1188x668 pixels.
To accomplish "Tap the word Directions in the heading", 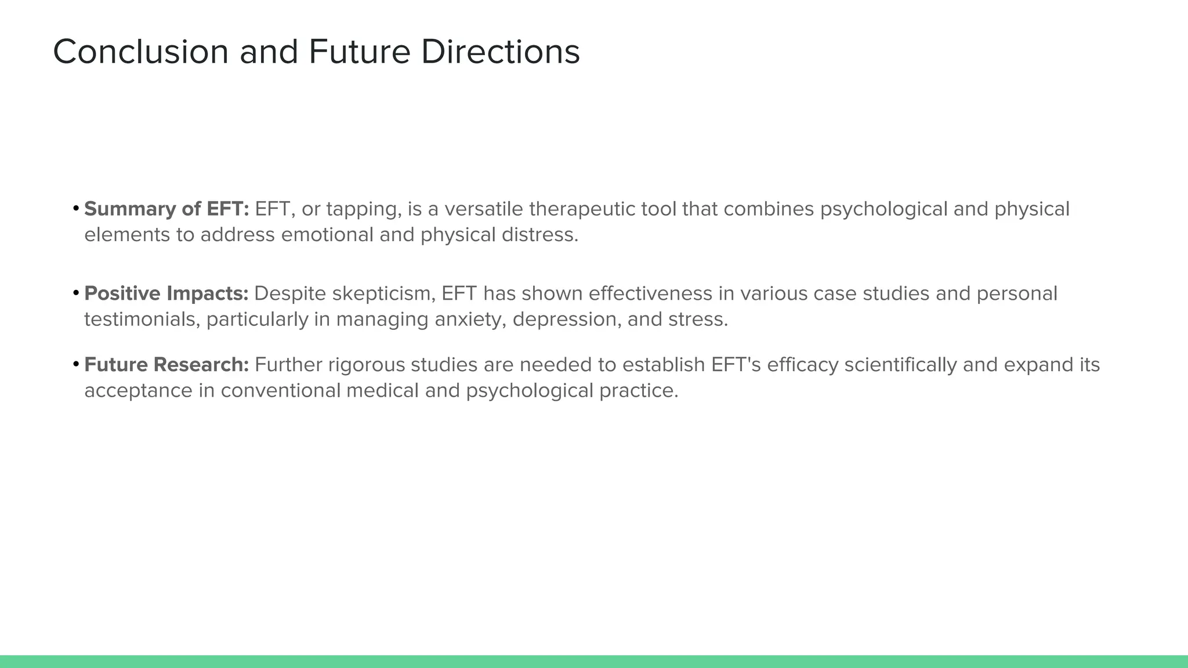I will tap(500, 52).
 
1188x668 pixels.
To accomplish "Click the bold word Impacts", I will tap(208, 293).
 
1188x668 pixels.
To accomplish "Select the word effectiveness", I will tap(650, 293).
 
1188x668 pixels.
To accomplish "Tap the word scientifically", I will tap(900, 365).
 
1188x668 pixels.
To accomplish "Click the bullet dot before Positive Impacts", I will tap(76, 293).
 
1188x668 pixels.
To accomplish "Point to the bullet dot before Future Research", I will tap(76, 364).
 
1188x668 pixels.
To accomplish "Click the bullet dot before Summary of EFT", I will tap(76, 208).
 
